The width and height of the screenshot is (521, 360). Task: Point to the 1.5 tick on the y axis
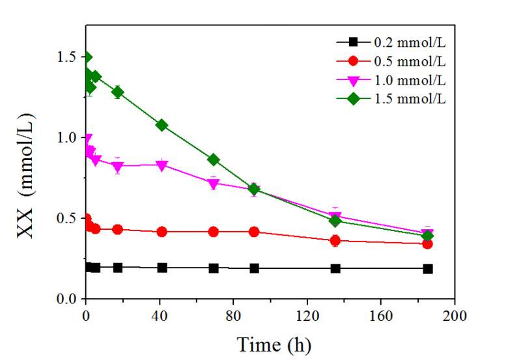click(68, 57)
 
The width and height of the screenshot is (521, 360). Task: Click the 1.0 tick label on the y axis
click(68, 138)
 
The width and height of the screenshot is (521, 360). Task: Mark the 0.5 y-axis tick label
click(68, 218)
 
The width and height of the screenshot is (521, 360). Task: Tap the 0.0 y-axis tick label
click(68, 299)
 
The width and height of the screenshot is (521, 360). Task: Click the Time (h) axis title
click(274, 343)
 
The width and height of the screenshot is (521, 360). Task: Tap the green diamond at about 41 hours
click(162, 125)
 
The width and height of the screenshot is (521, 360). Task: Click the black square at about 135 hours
click(335, 268)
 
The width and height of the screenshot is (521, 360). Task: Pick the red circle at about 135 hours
click(335, 241)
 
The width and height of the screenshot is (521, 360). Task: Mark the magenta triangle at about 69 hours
click(213, 184)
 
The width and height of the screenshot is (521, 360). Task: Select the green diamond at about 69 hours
click(213, 159)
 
